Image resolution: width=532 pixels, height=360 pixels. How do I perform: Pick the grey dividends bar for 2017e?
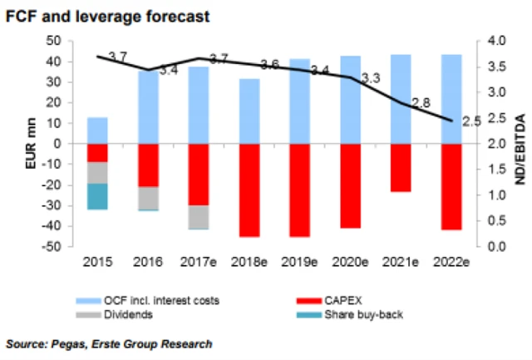click(198, 216)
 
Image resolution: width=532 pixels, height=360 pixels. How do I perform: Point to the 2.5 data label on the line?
click(471, 122)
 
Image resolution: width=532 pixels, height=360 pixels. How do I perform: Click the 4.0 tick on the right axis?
click(497, 41)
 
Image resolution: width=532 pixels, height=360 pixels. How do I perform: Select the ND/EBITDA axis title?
click(522, 143)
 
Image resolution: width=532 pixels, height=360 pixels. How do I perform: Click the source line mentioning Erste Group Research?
click(109, 343)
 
